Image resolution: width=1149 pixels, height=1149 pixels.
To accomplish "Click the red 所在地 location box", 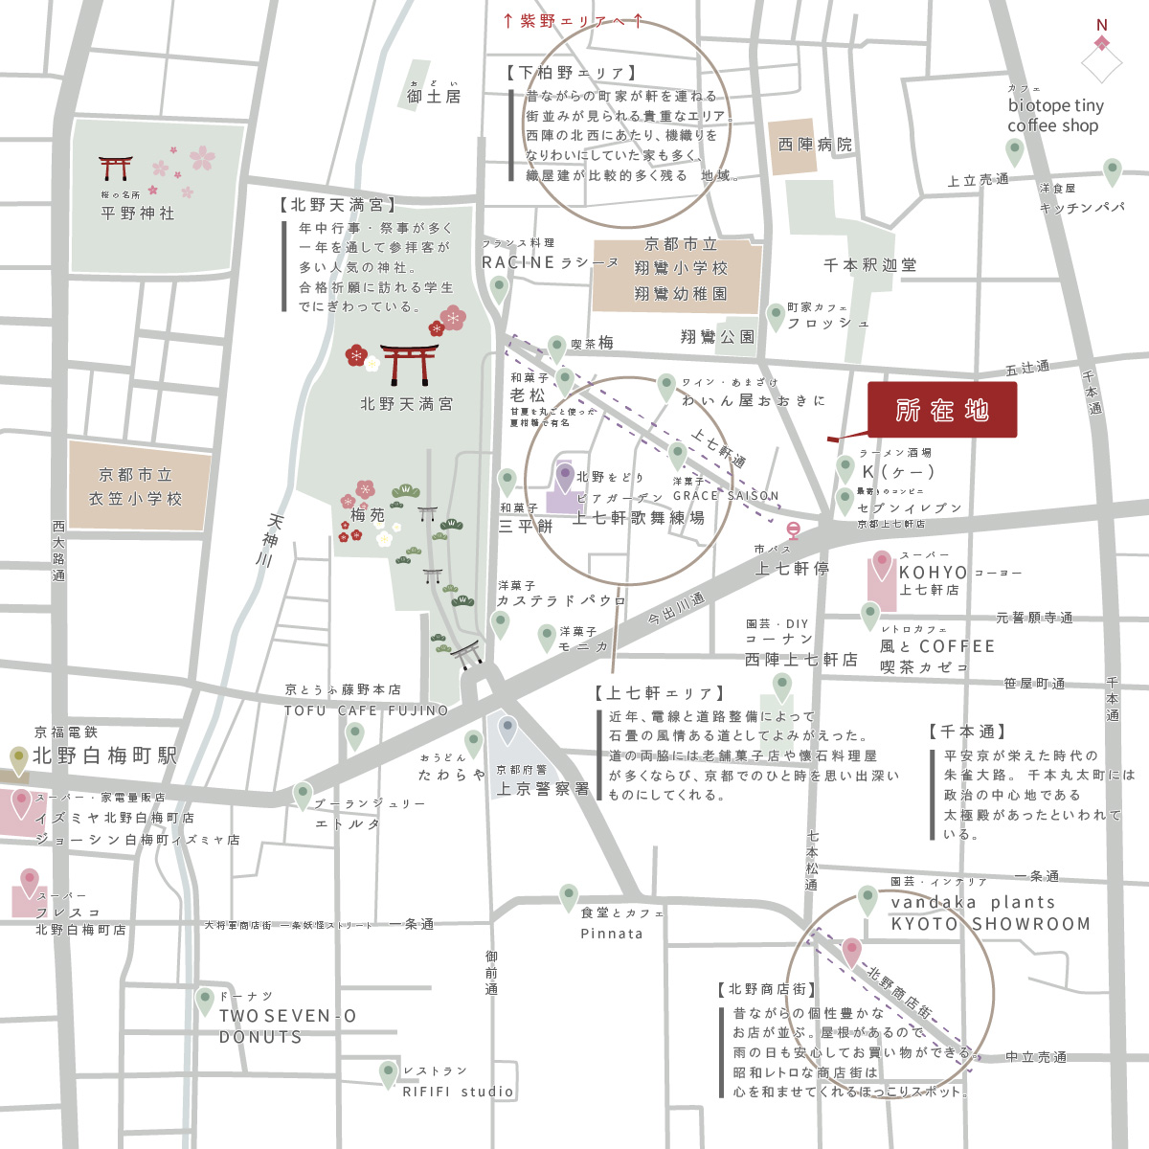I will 941,411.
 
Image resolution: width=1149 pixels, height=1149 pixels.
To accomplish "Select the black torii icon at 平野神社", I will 115,169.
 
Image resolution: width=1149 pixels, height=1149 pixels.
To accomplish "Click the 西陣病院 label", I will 815,145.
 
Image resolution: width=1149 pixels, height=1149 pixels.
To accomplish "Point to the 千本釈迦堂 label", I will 869,265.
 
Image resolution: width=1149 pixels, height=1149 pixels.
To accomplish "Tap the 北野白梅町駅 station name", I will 105,755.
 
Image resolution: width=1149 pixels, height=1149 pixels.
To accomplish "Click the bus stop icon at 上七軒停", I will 793,529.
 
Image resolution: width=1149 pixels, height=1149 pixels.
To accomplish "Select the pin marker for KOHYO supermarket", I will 881,564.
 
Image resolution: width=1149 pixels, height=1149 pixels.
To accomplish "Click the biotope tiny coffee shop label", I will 1055,115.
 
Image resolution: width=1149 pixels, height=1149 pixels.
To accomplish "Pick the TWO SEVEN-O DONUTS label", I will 287,1026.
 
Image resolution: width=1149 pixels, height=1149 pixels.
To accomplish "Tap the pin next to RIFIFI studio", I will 388,1074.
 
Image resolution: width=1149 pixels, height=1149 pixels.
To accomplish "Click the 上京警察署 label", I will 543,789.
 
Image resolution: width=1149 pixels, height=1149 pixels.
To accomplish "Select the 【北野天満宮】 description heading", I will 337,205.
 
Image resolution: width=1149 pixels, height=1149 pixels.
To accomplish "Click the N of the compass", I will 1102,26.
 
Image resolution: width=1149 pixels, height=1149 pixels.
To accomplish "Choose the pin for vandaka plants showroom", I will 867,900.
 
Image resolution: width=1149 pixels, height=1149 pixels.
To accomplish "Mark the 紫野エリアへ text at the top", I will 573,21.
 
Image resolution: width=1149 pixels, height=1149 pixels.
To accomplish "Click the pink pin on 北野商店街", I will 851,952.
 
